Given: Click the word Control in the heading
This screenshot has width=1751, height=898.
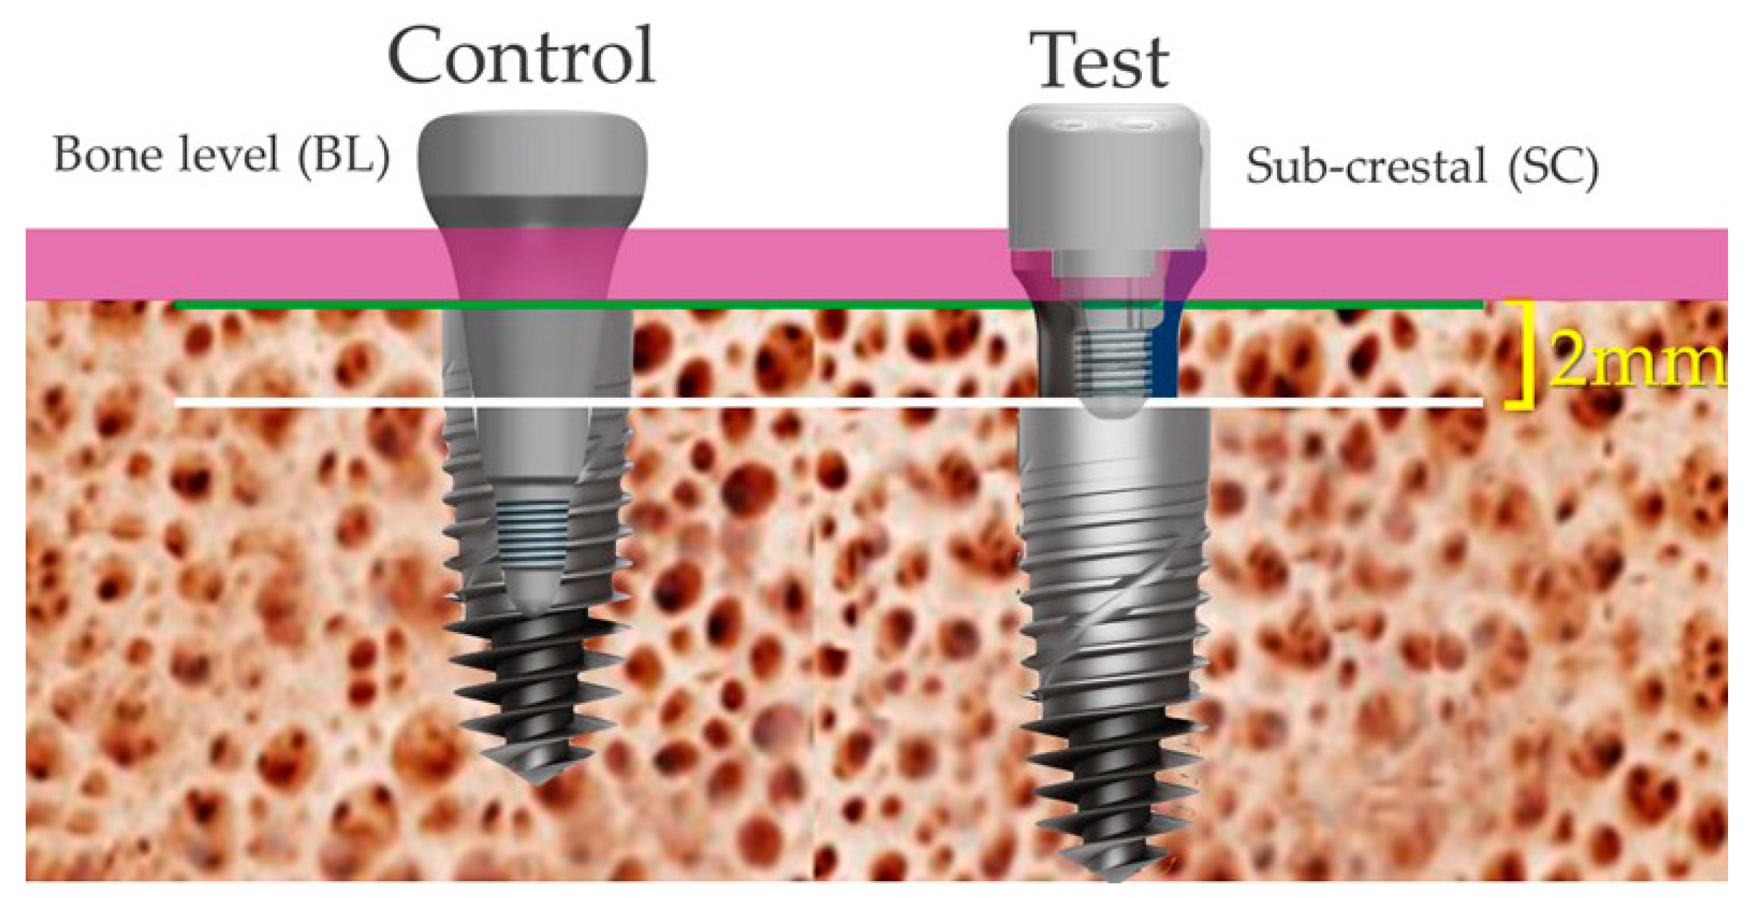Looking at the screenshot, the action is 521,56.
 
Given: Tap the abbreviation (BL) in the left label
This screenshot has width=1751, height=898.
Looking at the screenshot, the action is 344,155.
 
